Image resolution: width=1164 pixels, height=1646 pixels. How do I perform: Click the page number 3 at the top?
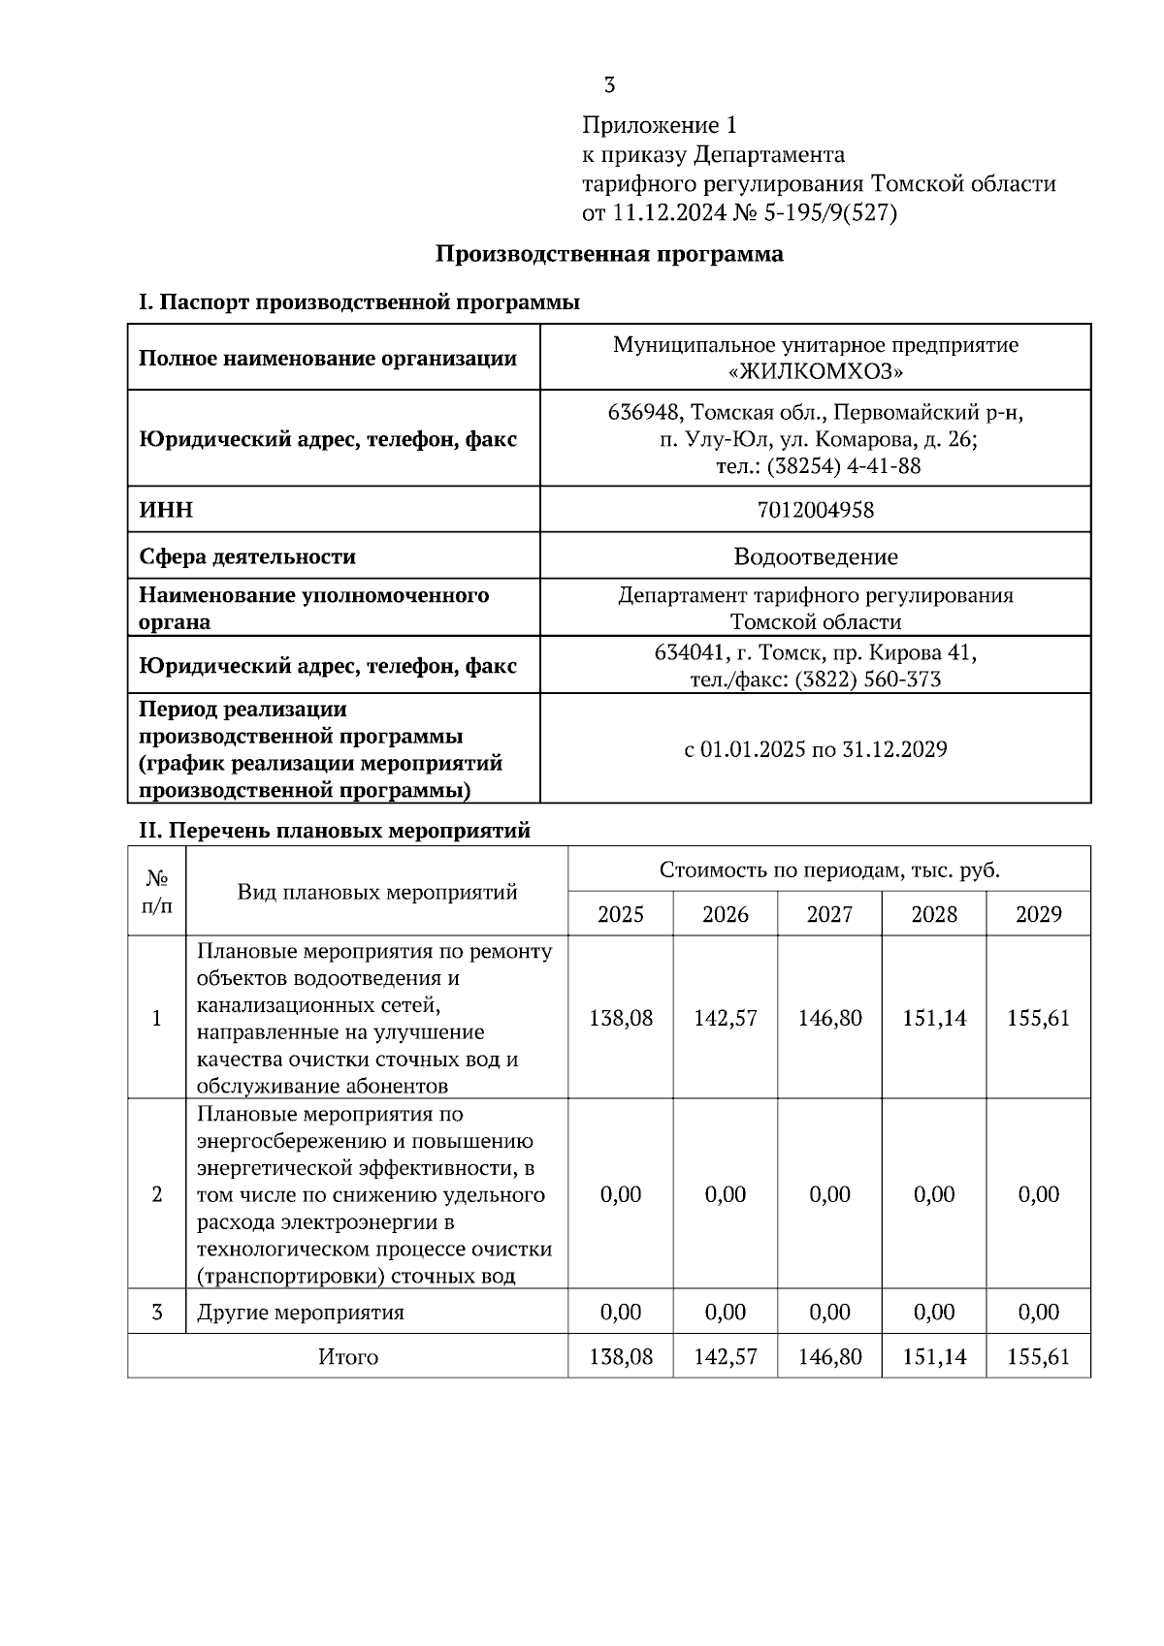(x=609, y=85)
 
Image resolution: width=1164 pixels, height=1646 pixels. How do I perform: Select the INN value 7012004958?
(x=816, y=510)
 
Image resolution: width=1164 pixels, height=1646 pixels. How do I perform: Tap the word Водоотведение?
(x=816, y=557)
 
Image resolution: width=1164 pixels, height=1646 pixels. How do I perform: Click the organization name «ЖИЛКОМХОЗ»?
(x=816, y=372)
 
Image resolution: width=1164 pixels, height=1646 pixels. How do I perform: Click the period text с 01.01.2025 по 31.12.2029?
(x=816, y=749)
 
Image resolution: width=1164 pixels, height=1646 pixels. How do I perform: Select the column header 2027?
(x=829, y=914)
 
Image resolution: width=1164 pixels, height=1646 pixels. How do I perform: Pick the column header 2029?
(x=1038, y=914)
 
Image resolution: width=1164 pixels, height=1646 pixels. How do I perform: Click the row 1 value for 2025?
(x=621, y=1019)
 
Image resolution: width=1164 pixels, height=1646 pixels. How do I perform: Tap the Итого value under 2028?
(x=934, y=1357)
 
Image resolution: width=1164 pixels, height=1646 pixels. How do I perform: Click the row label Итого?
(x=348, y=1357)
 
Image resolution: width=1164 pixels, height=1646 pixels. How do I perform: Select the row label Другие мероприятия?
(x=301, y=1313)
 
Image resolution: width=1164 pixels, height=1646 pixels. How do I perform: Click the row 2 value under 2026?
(x=725, y=1194)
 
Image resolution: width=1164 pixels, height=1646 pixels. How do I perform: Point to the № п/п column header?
(x=157, y=892)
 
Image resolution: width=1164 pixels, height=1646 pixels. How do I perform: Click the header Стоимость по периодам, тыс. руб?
(x=829, y=870)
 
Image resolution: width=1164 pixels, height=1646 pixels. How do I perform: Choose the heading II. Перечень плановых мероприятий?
(x=336, y=831)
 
